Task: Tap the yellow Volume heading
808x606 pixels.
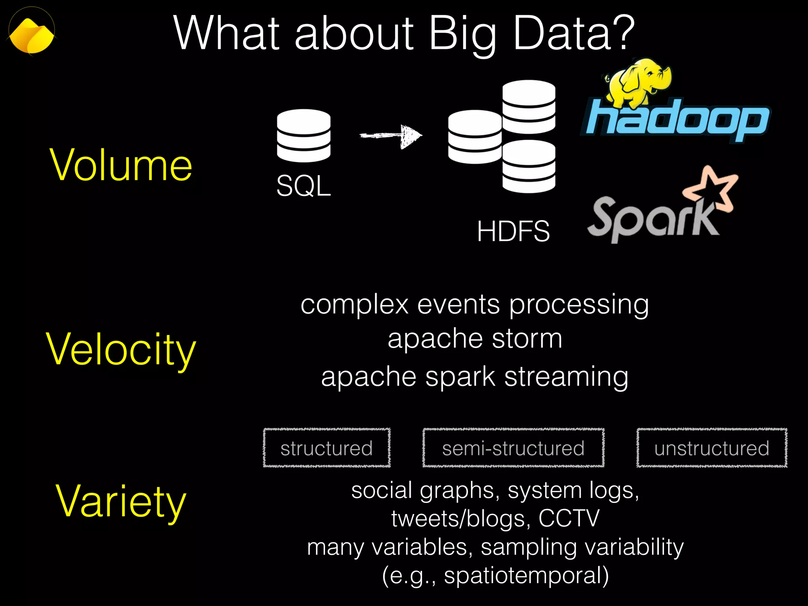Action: [121, 166]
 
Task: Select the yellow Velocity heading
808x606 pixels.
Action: [121, 350]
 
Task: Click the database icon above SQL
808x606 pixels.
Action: [303, 136]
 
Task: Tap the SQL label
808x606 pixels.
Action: [303, 186]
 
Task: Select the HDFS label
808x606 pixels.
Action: [513, 231]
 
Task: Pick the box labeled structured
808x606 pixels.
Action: [327, 448]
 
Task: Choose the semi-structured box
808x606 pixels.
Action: [513, 448]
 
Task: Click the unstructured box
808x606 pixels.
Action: [712, 448]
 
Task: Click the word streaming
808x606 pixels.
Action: [566, 377]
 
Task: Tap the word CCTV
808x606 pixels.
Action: [569, 518]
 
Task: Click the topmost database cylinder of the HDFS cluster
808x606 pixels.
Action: [529, 107]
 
